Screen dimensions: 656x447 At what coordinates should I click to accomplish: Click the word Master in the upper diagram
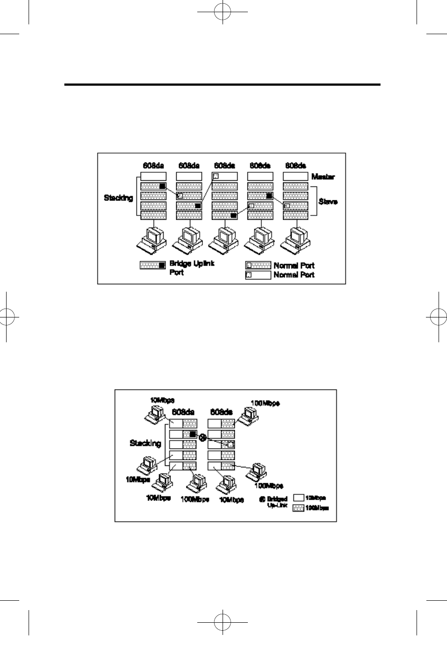tap(323, 177)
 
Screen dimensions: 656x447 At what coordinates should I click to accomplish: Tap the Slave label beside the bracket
tap(328, 202)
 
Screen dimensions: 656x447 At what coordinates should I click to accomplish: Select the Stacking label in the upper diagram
tap(118, 198)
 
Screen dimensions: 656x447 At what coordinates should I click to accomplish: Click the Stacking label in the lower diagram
tap(145, 443)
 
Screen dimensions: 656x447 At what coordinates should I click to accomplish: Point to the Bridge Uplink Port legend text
tap(192, 267)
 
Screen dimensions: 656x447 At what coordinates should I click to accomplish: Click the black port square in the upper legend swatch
tap(162, 265)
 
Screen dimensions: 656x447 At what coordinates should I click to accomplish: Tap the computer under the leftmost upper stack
tap(153, 239)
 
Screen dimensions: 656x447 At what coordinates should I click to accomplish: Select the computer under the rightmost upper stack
tap(296, 239)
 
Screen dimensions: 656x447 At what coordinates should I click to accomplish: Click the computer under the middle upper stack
tap(224, 239)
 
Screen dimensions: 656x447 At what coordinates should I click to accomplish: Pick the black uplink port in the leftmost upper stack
tap(162, 186)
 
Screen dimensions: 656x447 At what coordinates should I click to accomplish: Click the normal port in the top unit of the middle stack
tap(216, 177)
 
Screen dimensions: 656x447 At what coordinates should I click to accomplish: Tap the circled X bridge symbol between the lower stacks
tap(202, 438)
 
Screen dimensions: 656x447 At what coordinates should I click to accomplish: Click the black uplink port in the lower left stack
tap(192, 434)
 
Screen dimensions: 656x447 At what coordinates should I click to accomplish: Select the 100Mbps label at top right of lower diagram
tap(265, 403)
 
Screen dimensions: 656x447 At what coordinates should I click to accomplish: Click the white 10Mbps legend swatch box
tap(298, 498)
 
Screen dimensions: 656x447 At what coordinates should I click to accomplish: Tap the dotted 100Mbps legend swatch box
tap(298, 508)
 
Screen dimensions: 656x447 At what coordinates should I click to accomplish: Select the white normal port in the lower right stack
tap(231, 444)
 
